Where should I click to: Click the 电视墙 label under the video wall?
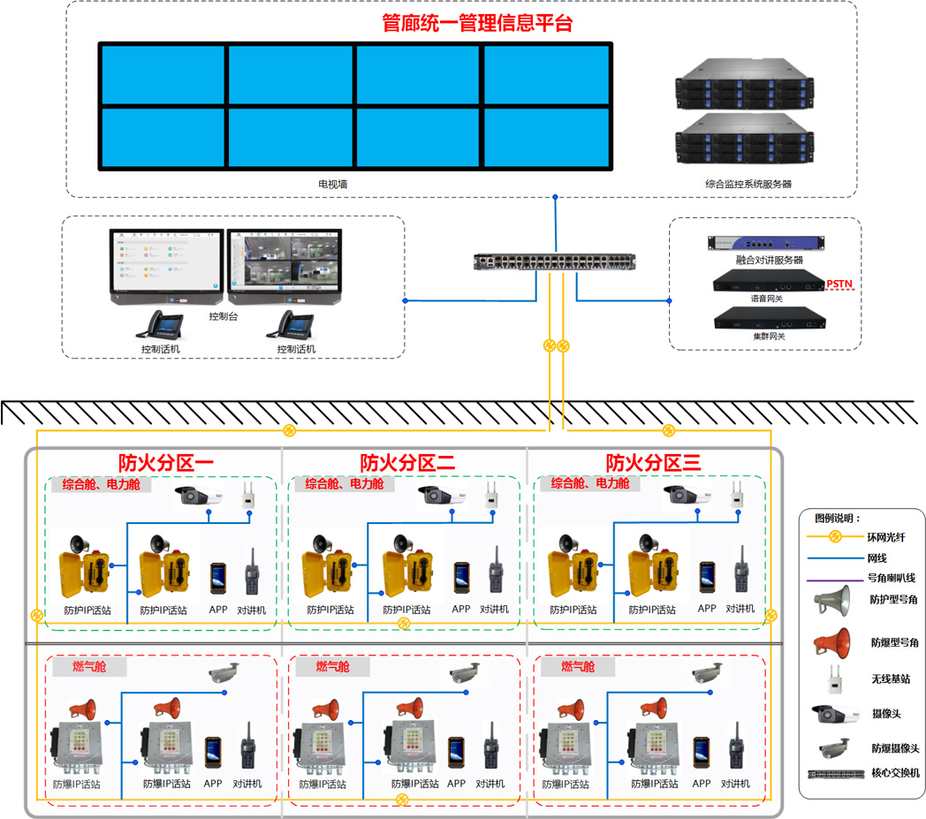tap(332, 185)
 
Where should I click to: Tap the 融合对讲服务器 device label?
tap(769, 261)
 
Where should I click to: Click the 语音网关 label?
tap(766, 299)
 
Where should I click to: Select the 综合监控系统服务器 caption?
tap(748, 185)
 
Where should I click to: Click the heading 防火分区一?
tap(167, 462)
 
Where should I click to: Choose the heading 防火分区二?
tap(407, 462)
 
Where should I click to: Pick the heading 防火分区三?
tap(653, 462)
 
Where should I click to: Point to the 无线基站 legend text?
tap(890, 679)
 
